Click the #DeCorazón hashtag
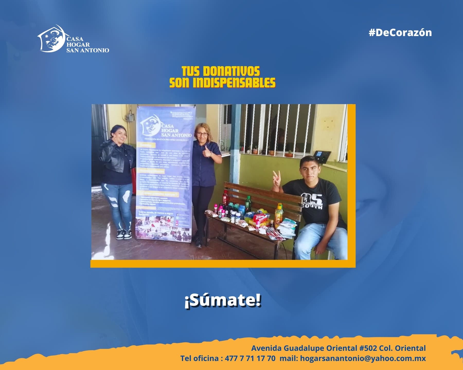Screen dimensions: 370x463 coord(400,33)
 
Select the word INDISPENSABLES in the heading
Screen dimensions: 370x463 coord(234,83)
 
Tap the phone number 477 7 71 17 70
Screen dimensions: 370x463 coord(250,358)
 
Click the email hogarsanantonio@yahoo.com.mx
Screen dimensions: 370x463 coord(363,358)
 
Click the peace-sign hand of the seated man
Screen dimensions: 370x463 coord(276,178)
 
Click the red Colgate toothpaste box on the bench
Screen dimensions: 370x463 coord(261,218)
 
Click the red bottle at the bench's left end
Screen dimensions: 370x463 coord(225,198)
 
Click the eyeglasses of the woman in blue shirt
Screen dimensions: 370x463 coord(202,134)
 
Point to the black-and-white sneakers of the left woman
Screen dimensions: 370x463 coord(123,234)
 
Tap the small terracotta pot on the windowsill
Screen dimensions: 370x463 coord(289,154)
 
